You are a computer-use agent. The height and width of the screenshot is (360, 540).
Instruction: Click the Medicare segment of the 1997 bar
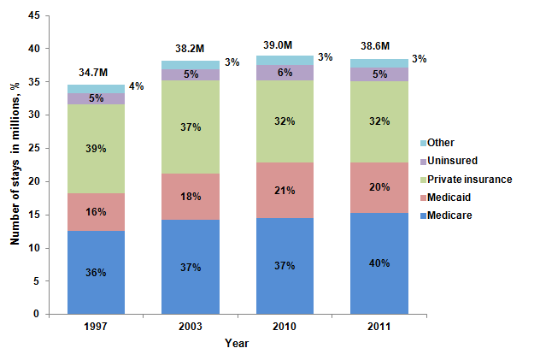[x=96, y=272]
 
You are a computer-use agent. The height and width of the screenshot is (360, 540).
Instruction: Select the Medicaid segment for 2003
[x=191, y=197]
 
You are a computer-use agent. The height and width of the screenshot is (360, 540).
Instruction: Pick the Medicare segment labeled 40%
[x=379, y=263]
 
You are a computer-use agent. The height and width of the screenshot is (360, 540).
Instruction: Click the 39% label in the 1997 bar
[x=96, y=149]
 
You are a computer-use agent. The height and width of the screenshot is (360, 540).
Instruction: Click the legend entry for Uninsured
[x=453, y=160]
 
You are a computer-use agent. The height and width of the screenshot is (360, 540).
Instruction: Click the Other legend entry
[x=443, y=142]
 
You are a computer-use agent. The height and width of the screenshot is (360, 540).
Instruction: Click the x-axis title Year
[x=238, y=344]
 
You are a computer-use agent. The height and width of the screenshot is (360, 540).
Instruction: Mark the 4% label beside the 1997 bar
[x=136, y=86]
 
